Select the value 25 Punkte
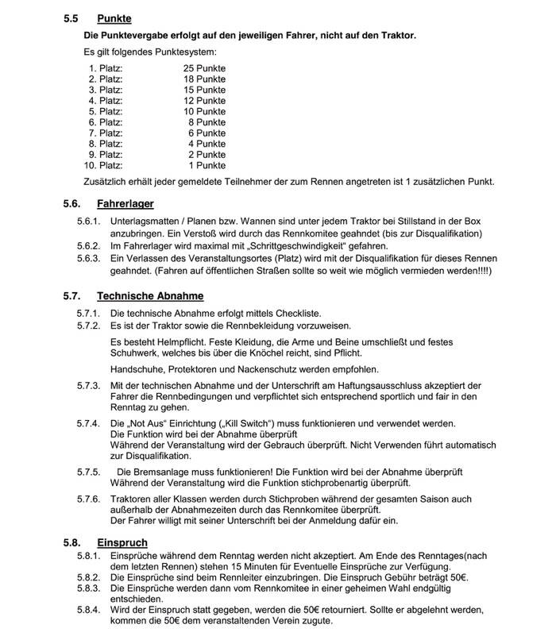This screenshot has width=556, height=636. coord(204,69)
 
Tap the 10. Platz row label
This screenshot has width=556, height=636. coord(103,166)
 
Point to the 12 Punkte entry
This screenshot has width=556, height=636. coord(204,101)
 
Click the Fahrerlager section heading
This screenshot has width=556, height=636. coord(125,204)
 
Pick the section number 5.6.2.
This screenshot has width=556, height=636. coord(88,246)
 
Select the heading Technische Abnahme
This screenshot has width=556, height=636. coord(150,296)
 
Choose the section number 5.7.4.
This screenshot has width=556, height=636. coord(88,423)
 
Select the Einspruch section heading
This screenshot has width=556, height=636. coord(123,542)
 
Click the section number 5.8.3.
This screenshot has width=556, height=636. coord(88,588)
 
